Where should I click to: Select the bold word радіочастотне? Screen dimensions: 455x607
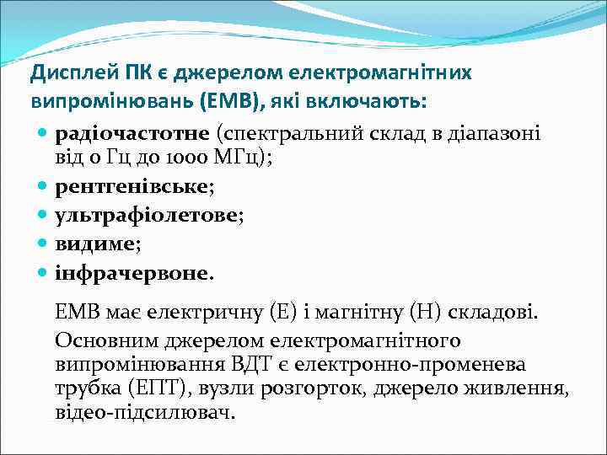133,133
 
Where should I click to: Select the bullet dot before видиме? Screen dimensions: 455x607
43,244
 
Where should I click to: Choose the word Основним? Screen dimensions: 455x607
105,340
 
